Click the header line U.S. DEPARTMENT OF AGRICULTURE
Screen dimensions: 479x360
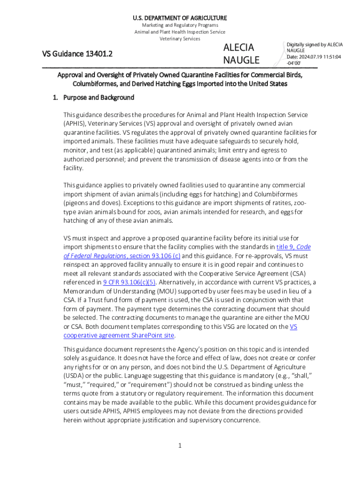pyautogui.click(x=180, y=18)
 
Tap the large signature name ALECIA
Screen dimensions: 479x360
pyautogui.click(x=238, y=47)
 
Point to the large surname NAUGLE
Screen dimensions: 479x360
pyautogui.click(x=241, y=60)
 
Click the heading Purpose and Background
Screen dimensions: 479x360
pyautogui.click(x=98, y=98)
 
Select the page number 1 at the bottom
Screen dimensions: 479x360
pyautogui.click(x=180, y=445)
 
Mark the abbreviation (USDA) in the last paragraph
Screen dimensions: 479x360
pyautogui.click(x=74, y=376)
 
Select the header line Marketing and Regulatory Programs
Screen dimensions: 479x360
pyautogui.click(x=180, y=25)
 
